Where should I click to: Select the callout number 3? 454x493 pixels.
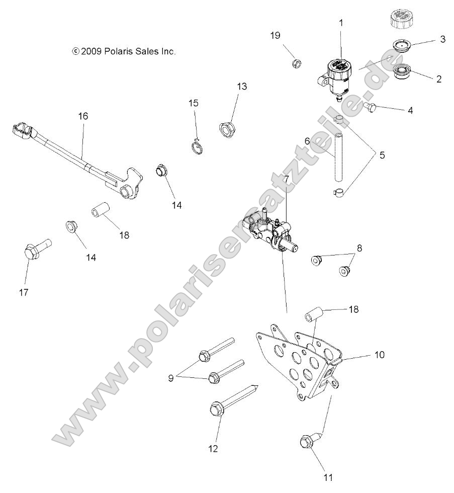click(x=442, y=39)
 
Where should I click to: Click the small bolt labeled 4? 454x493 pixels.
click(x=371, y=106)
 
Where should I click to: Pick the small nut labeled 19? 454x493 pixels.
click(x=297, y=63)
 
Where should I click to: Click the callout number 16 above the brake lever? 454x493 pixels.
click(x=82, y=116)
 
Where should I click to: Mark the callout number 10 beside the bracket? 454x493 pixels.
click(x=379, y=355)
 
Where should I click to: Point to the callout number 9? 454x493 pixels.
click(x=170, y=378)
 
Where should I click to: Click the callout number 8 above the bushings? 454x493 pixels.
click(x=359, y=248)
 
